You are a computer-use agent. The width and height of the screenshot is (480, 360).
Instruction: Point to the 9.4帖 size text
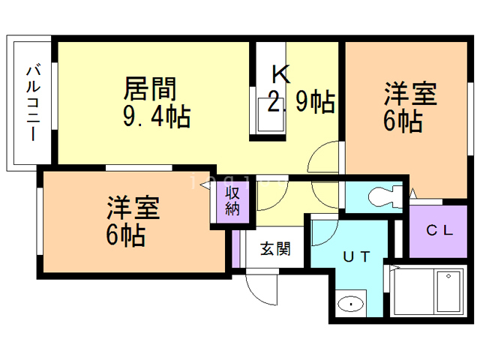coord(156,117)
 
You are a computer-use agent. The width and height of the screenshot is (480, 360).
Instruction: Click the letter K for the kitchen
coord(280,74)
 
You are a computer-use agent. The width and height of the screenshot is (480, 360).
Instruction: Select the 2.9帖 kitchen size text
coord(301,101)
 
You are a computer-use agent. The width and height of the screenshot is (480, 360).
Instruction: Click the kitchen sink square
coord(266,116)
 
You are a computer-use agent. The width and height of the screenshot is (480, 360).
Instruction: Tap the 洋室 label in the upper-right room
coord(411,94)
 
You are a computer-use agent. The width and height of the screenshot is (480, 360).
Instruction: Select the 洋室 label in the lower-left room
coord(133,206)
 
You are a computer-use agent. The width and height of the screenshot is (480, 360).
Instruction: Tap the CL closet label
coord(439,230)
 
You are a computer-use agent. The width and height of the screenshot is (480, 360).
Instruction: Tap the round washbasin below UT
coord(349,304)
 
